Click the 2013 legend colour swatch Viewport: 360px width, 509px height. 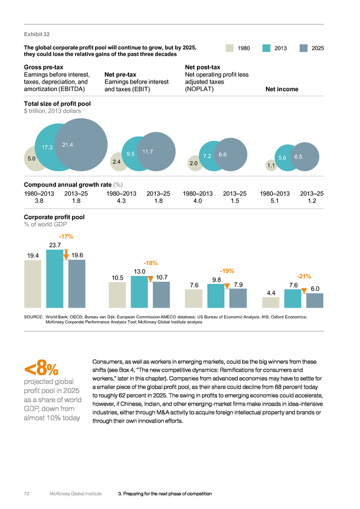point(267,48)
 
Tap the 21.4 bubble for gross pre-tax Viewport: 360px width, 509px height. point(81,145)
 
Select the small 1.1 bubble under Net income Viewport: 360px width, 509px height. point(271,165)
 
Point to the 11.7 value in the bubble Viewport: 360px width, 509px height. point(148,152)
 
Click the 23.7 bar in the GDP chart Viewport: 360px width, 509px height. point(54,278)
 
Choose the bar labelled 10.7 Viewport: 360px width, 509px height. point(161,295)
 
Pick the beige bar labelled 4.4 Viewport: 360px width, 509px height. point(271,303)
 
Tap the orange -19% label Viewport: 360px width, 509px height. point(227,271)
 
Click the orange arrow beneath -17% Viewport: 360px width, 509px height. point(66,255)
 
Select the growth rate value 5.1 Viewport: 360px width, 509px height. point(275,201)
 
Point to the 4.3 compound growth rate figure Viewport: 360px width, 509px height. point(121,201)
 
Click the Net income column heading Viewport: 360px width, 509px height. point(282,89)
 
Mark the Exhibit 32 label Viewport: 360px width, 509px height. point(37,34)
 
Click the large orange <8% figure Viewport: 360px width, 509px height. point(41,368)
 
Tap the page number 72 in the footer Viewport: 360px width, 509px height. point(27,494)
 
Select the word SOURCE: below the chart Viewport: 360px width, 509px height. point(33,317)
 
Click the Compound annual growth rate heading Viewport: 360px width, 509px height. point(67,185)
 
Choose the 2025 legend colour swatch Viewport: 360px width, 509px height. point(303,48)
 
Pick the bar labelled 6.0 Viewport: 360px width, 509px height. point(315,301)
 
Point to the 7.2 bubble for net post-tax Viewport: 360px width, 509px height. point(207,156)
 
